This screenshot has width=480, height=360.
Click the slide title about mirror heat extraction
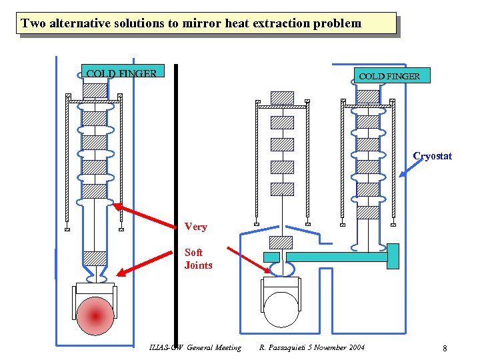(x=191, y=23)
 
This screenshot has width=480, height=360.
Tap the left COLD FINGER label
(x=121, y=73)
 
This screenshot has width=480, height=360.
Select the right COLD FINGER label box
(x=390, y=75)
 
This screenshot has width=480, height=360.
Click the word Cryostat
(x=432, y=156)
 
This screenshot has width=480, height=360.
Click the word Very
(x=195, y=227)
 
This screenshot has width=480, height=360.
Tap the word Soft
(x=193, y=253)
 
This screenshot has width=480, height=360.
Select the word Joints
(x=198, y=265)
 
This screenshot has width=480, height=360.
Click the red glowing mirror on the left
(x=95, y=315)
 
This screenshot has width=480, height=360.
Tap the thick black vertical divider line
(x=177, y=200)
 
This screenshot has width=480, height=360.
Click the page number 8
(x=444, y=348)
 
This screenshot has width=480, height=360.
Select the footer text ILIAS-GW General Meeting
(x=196, y=347)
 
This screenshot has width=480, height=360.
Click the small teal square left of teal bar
(x=271, y=257)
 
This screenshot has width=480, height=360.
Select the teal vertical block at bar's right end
(x=393, y=256)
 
